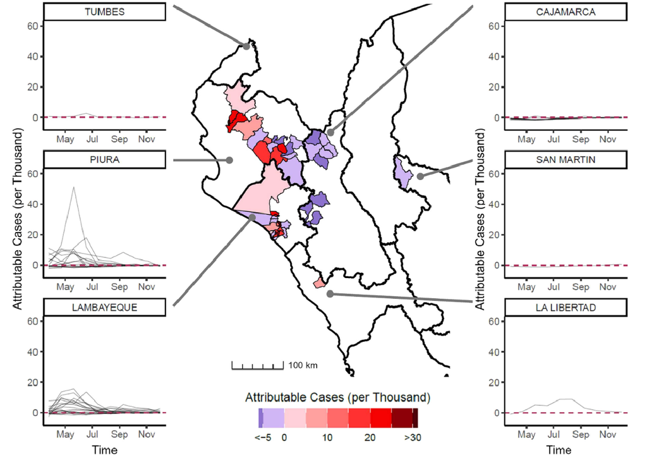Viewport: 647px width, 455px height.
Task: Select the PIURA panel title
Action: point(104,160)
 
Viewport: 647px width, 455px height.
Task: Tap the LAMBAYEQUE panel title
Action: point(104,308)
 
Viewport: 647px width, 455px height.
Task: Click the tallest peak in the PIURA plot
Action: point(74,188)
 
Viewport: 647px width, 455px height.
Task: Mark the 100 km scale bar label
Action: point(303,365)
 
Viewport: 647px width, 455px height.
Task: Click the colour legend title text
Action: point(337,397)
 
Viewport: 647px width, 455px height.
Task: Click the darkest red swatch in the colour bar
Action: point(415,418)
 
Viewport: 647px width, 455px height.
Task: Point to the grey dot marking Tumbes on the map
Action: point(246,45)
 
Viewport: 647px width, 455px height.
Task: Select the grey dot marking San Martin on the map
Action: point(420,176)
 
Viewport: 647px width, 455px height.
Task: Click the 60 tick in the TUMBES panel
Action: point(34,26)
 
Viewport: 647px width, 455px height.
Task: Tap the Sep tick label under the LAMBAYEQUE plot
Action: point(119,435)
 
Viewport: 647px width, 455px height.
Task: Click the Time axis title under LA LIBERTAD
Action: point(559,449)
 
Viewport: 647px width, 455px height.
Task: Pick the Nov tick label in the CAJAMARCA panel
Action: point(607,139)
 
